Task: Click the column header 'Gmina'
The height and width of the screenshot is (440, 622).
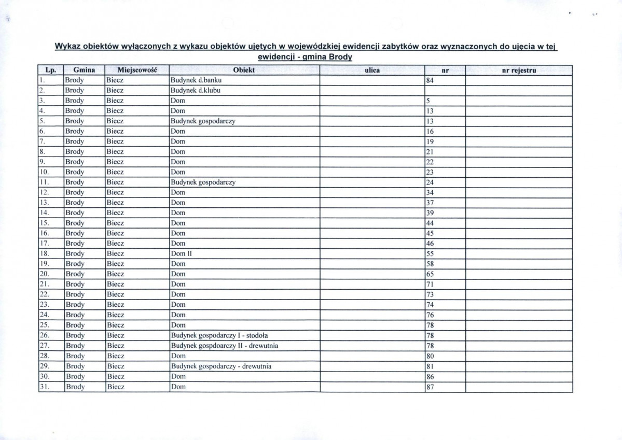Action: tap(84, 70)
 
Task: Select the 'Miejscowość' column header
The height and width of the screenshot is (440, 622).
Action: tap(137, 70)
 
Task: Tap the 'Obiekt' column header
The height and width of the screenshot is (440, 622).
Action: tap(244, 70)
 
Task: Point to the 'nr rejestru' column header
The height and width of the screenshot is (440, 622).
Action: tap(519, 70)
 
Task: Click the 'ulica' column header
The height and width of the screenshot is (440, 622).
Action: tap(372, 70)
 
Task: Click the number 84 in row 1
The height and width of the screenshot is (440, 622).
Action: tap(430, 80)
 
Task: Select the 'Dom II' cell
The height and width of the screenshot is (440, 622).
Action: tap(182, 254)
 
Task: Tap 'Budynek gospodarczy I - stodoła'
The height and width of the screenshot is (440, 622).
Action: tap(219, 335)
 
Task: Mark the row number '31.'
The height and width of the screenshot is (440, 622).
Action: tap(45, 387)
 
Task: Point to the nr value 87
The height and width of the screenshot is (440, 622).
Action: tap(430, 387)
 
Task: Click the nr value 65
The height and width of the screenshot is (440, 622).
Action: tap(430, 274)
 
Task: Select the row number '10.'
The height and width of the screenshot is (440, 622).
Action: tap(45, 172)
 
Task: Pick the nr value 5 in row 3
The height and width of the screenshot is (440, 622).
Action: tap(428, 101)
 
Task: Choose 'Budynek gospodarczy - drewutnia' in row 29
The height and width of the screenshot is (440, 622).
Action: tap(222, 366)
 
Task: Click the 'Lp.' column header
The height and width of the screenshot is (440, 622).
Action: tap(50, 70)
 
